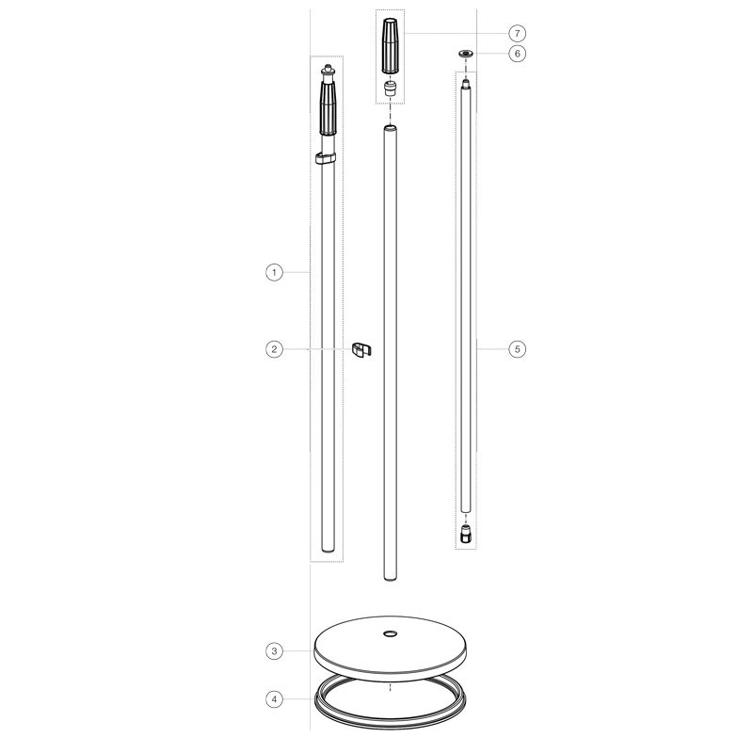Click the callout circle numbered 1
coord(274,273)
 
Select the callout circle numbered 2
coord(274,349)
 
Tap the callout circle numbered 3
coord(274,651)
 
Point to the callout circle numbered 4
coord(274,699)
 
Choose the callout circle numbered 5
coord(517,349)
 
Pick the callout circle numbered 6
coord(517,53)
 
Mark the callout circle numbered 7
coord(517,33)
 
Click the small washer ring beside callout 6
coord(465,54)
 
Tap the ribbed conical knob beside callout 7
coord(390,45)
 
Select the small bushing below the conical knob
coord(390,88)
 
